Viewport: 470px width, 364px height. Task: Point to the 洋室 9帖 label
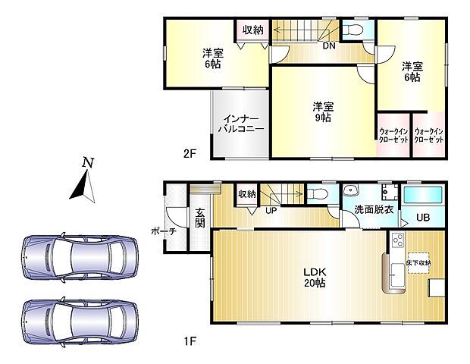point(323,111)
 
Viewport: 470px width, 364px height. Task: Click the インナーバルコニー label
point(241,124)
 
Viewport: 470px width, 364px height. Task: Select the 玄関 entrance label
point(200,218)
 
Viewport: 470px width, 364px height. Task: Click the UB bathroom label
point(425,218)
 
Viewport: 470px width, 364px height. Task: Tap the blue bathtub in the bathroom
point(424,194)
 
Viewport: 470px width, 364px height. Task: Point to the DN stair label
point(329,46)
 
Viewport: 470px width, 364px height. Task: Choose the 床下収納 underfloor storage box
point(418,262)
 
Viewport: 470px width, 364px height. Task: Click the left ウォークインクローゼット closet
point(393,135)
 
